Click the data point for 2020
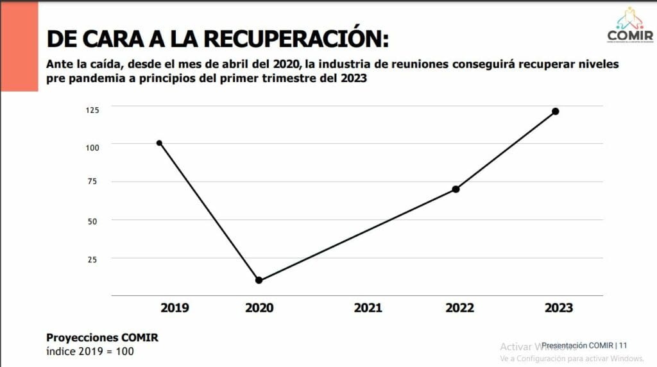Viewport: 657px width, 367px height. pos(259,280)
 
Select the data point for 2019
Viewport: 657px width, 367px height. pos(159,143)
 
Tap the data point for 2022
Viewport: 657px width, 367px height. pos(456,189)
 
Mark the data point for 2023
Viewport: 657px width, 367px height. pos(556,111)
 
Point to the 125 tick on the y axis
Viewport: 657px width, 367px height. pos(92,110)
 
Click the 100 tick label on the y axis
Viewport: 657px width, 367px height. pos(92,148)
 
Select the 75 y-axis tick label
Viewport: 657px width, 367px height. pos(92,182)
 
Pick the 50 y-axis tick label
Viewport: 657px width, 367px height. pos(92,221)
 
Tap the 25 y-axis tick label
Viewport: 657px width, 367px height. pos(92,259)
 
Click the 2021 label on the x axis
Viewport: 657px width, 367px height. pos(368,308)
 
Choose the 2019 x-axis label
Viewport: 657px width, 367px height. pos(175,308)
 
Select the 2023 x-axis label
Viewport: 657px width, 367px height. pos(558,308)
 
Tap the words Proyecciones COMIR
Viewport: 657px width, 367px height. pos(102,338)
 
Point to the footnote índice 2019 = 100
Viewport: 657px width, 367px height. pos(90,352)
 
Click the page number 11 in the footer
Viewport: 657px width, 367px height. pos(623,345)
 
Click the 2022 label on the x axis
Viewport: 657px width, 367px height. pos(459,308)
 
